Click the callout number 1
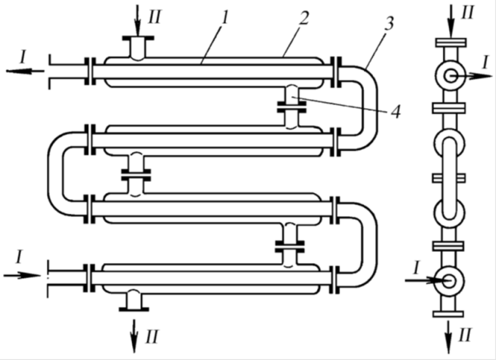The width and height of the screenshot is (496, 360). click(225, 17)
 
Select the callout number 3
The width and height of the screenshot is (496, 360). click(390, 23)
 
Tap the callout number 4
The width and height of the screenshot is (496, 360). click(395, 112)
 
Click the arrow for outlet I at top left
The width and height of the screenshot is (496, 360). click(26, 71)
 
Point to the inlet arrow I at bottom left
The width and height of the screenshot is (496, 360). click(23, 275)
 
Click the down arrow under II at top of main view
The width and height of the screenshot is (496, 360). click(138, 20)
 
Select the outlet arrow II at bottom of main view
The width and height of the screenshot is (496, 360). click(135, 335)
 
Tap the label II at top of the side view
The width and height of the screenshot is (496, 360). click(468, 13)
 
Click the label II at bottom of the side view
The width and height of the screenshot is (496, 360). click(465, 334)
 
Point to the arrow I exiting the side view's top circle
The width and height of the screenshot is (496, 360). click(471, 76)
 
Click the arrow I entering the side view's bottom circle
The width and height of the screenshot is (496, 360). click(426, 280)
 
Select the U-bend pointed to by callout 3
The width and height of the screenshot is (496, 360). click(370, 107)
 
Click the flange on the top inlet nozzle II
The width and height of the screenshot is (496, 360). click(138, 38)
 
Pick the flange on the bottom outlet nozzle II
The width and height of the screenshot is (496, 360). click(134, 309)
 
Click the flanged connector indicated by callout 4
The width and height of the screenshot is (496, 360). click(291, 107)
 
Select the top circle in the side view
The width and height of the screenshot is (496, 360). click(450, 76)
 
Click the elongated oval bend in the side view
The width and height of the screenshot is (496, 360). click(449, 178)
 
